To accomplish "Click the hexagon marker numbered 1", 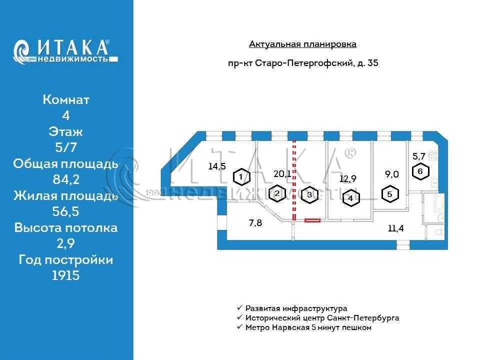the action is [x=241, y=177].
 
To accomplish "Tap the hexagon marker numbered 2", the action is [x=277, y=193].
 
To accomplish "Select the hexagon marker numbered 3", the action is [x=309, y=195].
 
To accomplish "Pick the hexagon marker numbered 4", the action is [x=351, y=198].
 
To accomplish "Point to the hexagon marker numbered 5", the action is [x=389, y=194].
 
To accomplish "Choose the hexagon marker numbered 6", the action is [x=420, y=171].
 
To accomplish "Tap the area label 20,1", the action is [x=282, y=174].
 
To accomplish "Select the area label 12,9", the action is [x=348, y=178].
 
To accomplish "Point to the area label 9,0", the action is [x=391, y=174].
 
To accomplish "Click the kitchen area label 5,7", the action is [x=419, y=156].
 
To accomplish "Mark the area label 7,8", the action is [x=255, y=222].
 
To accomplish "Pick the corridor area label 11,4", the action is [x=395, y=228].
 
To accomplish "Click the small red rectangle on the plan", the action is [x=312, y=220].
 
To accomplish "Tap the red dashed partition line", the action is [x=294, y=180].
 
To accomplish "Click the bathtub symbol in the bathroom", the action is [x=438, y=203].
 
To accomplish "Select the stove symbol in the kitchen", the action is [x=433, y=155].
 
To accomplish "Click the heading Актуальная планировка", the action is [x=302, y=44].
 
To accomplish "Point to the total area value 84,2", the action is [x=66, y=179].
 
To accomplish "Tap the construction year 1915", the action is [x=66, y=275].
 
